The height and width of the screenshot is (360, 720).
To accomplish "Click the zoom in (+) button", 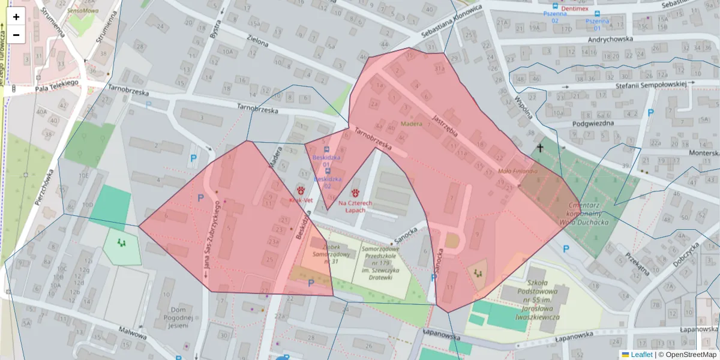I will point(16,17).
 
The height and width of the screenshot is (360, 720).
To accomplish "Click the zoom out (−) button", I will point(16,35).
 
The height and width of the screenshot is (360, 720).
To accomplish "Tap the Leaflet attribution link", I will point(641,355).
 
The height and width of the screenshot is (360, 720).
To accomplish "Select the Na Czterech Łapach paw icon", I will point(355,193).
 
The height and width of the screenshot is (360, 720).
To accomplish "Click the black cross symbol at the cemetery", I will point(540,148).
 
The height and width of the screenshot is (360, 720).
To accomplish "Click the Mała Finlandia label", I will point(518,171).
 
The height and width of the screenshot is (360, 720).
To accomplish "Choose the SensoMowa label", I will point(83,11).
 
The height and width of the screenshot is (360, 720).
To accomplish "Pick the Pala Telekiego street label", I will point(57,86).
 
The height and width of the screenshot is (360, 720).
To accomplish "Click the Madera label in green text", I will point(411,124).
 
